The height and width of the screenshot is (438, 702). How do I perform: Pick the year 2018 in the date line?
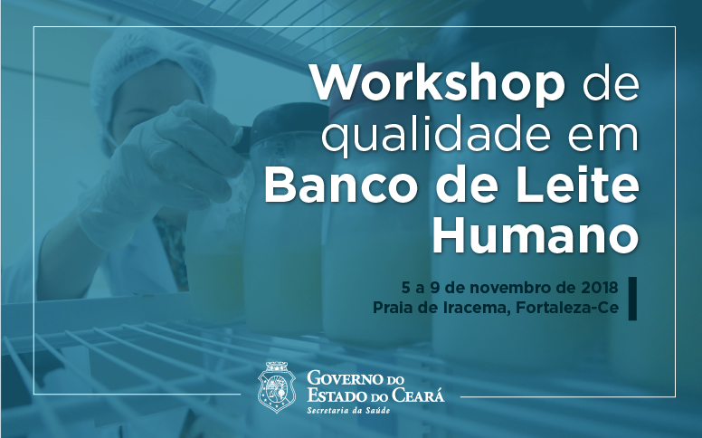pyautogui.click(x=600, y=287)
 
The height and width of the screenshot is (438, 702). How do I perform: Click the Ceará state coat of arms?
pyautogui.click(x=276, y=387)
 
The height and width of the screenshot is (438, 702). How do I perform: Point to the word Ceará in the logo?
pyautogui.click(x=418, y=395)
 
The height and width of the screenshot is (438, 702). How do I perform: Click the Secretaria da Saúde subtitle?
pyautogui.click(x=348, y=410)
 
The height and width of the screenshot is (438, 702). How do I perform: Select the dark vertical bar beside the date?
pyautogui.click(x=632, y=299)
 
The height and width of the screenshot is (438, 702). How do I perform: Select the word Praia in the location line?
pyautogui.click(x=391, y=308)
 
